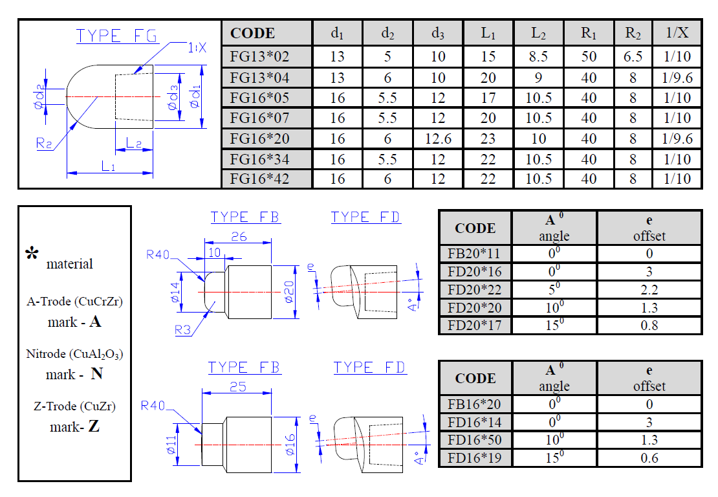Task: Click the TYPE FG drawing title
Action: (x=117, y=36)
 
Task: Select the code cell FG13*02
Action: (x=259, y=56)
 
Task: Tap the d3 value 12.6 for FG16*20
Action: (x=438, y=138)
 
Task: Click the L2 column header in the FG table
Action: (x=538, y=33)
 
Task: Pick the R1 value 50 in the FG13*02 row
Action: (x=589, y=56)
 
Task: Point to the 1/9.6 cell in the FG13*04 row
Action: (x=677, y=78)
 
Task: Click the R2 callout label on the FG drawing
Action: (x=45, y=144)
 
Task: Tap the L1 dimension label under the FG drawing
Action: (x=108, y=166)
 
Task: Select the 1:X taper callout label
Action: (x=197, y=47)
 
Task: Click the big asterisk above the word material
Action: (x=32, y=253)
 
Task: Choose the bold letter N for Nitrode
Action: (x=96, y=374)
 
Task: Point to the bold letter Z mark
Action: (x=94, y=426)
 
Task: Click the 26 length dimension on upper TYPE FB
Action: (x=239, y=236)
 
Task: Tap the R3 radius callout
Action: (x=182, y=330)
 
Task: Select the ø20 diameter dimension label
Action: (x=288, y=292)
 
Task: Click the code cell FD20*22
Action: (x=474, y=289)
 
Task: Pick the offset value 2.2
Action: (x=649, y=289)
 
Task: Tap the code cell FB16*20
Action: (x=474, y=404)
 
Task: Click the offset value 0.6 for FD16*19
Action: (x=649, y=458)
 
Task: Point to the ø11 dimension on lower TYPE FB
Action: (x=171, y=445)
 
